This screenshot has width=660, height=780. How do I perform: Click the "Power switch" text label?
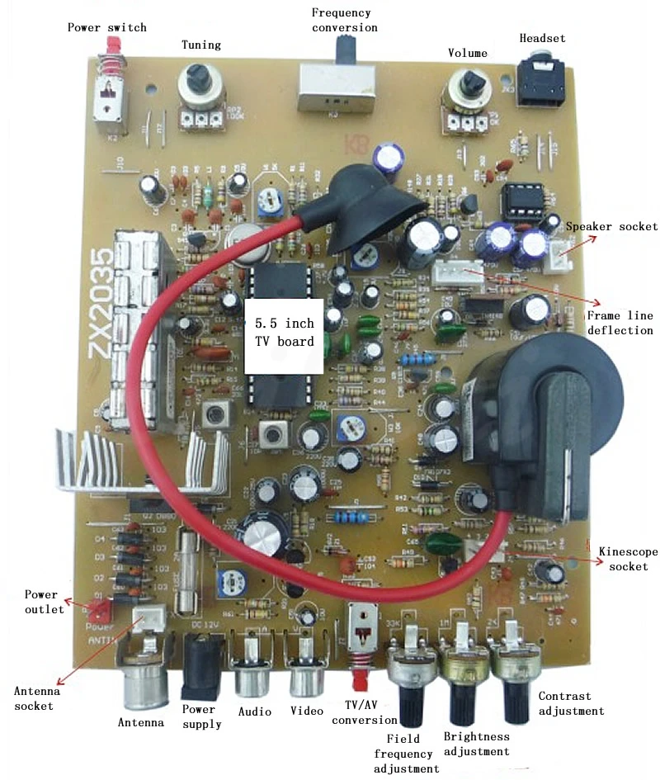[x=106, y=27]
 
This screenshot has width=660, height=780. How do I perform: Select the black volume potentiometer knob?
[x=471, y=83]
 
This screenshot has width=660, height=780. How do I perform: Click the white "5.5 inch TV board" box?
[x=285, y=333]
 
